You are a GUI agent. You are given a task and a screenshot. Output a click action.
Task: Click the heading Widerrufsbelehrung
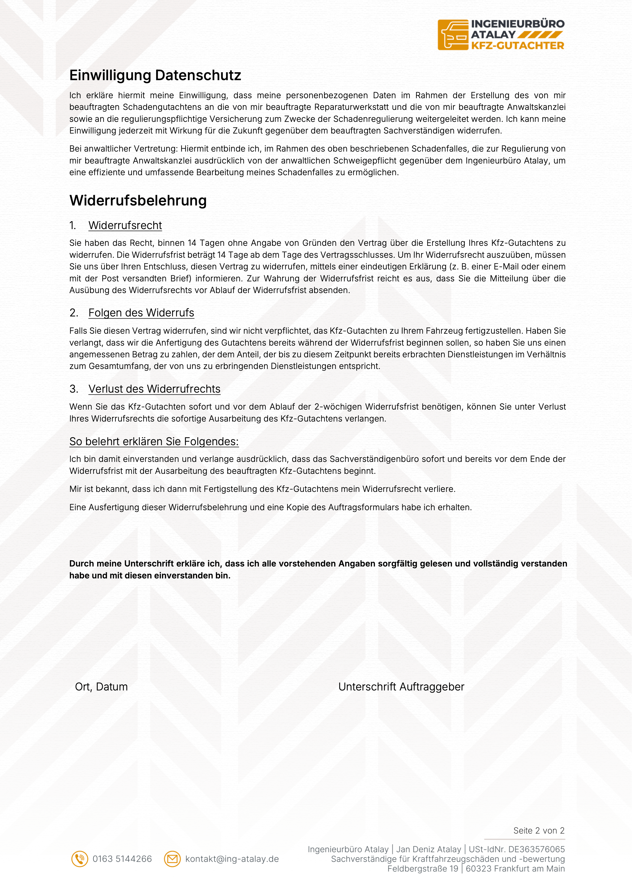(138, 201)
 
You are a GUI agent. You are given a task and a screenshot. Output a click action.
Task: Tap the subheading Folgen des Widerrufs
(141, 313)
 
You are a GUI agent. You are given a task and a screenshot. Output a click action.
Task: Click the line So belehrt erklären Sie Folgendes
(154, 442)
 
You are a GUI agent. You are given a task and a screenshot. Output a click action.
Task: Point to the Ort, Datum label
(101, 687)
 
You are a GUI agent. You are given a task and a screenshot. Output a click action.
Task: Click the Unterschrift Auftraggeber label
(401, 687)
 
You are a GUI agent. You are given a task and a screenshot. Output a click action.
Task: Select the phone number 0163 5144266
(122, 859)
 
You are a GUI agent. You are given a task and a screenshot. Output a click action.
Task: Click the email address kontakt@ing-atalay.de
(232, 859)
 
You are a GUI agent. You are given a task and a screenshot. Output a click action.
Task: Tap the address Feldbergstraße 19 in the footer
(423, 869)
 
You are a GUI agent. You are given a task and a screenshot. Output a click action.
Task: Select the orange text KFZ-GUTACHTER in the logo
(518, 46)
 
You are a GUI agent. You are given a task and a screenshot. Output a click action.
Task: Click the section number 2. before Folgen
(74, 313)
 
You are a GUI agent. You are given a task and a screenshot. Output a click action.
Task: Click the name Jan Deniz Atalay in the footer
(429, 849)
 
